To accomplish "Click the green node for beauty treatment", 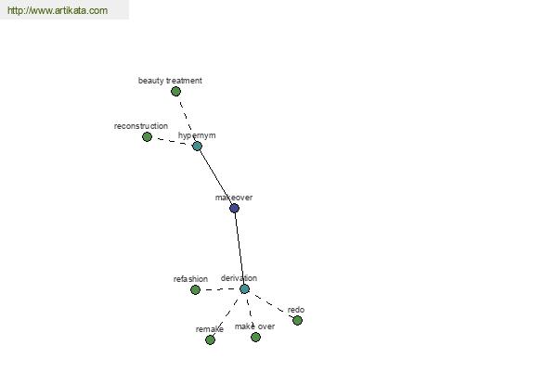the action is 175,92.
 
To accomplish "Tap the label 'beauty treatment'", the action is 170,81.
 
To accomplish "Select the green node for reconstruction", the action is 147,136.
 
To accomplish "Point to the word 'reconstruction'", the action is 141,126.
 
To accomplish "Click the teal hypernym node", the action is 197,146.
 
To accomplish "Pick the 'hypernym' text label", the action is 197,135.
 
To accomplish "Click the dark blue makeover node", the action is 234,208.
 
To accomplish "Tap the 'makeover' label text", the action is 234,198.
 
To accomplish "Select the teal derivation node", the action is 244,289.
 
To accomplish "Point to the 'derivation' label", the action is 239,278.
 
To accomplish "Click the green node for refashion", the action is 195,290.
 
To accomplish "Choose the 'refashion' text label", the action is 190,279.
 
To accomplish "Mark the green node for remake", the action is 211,339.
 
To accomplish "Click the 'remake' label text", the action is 210,329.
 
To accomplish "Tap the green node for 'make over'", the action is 256,337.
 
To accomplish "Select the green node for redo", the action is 298,321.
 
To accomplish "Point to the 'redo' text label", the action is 296,310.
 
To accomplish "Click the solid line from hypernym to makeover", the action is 215,177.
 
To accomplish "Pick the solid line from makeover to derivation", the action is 240,249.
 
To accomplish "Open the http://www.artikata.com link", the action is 58,10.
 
